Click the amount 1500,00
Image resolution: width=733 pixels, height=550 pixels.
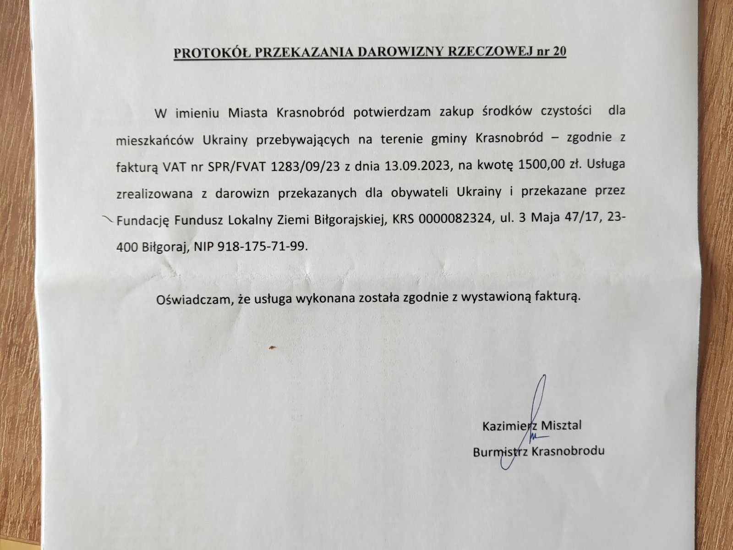(x=537, y=165)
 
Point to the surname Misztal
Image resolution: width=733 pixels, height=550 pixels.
(x=562, y=425)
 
